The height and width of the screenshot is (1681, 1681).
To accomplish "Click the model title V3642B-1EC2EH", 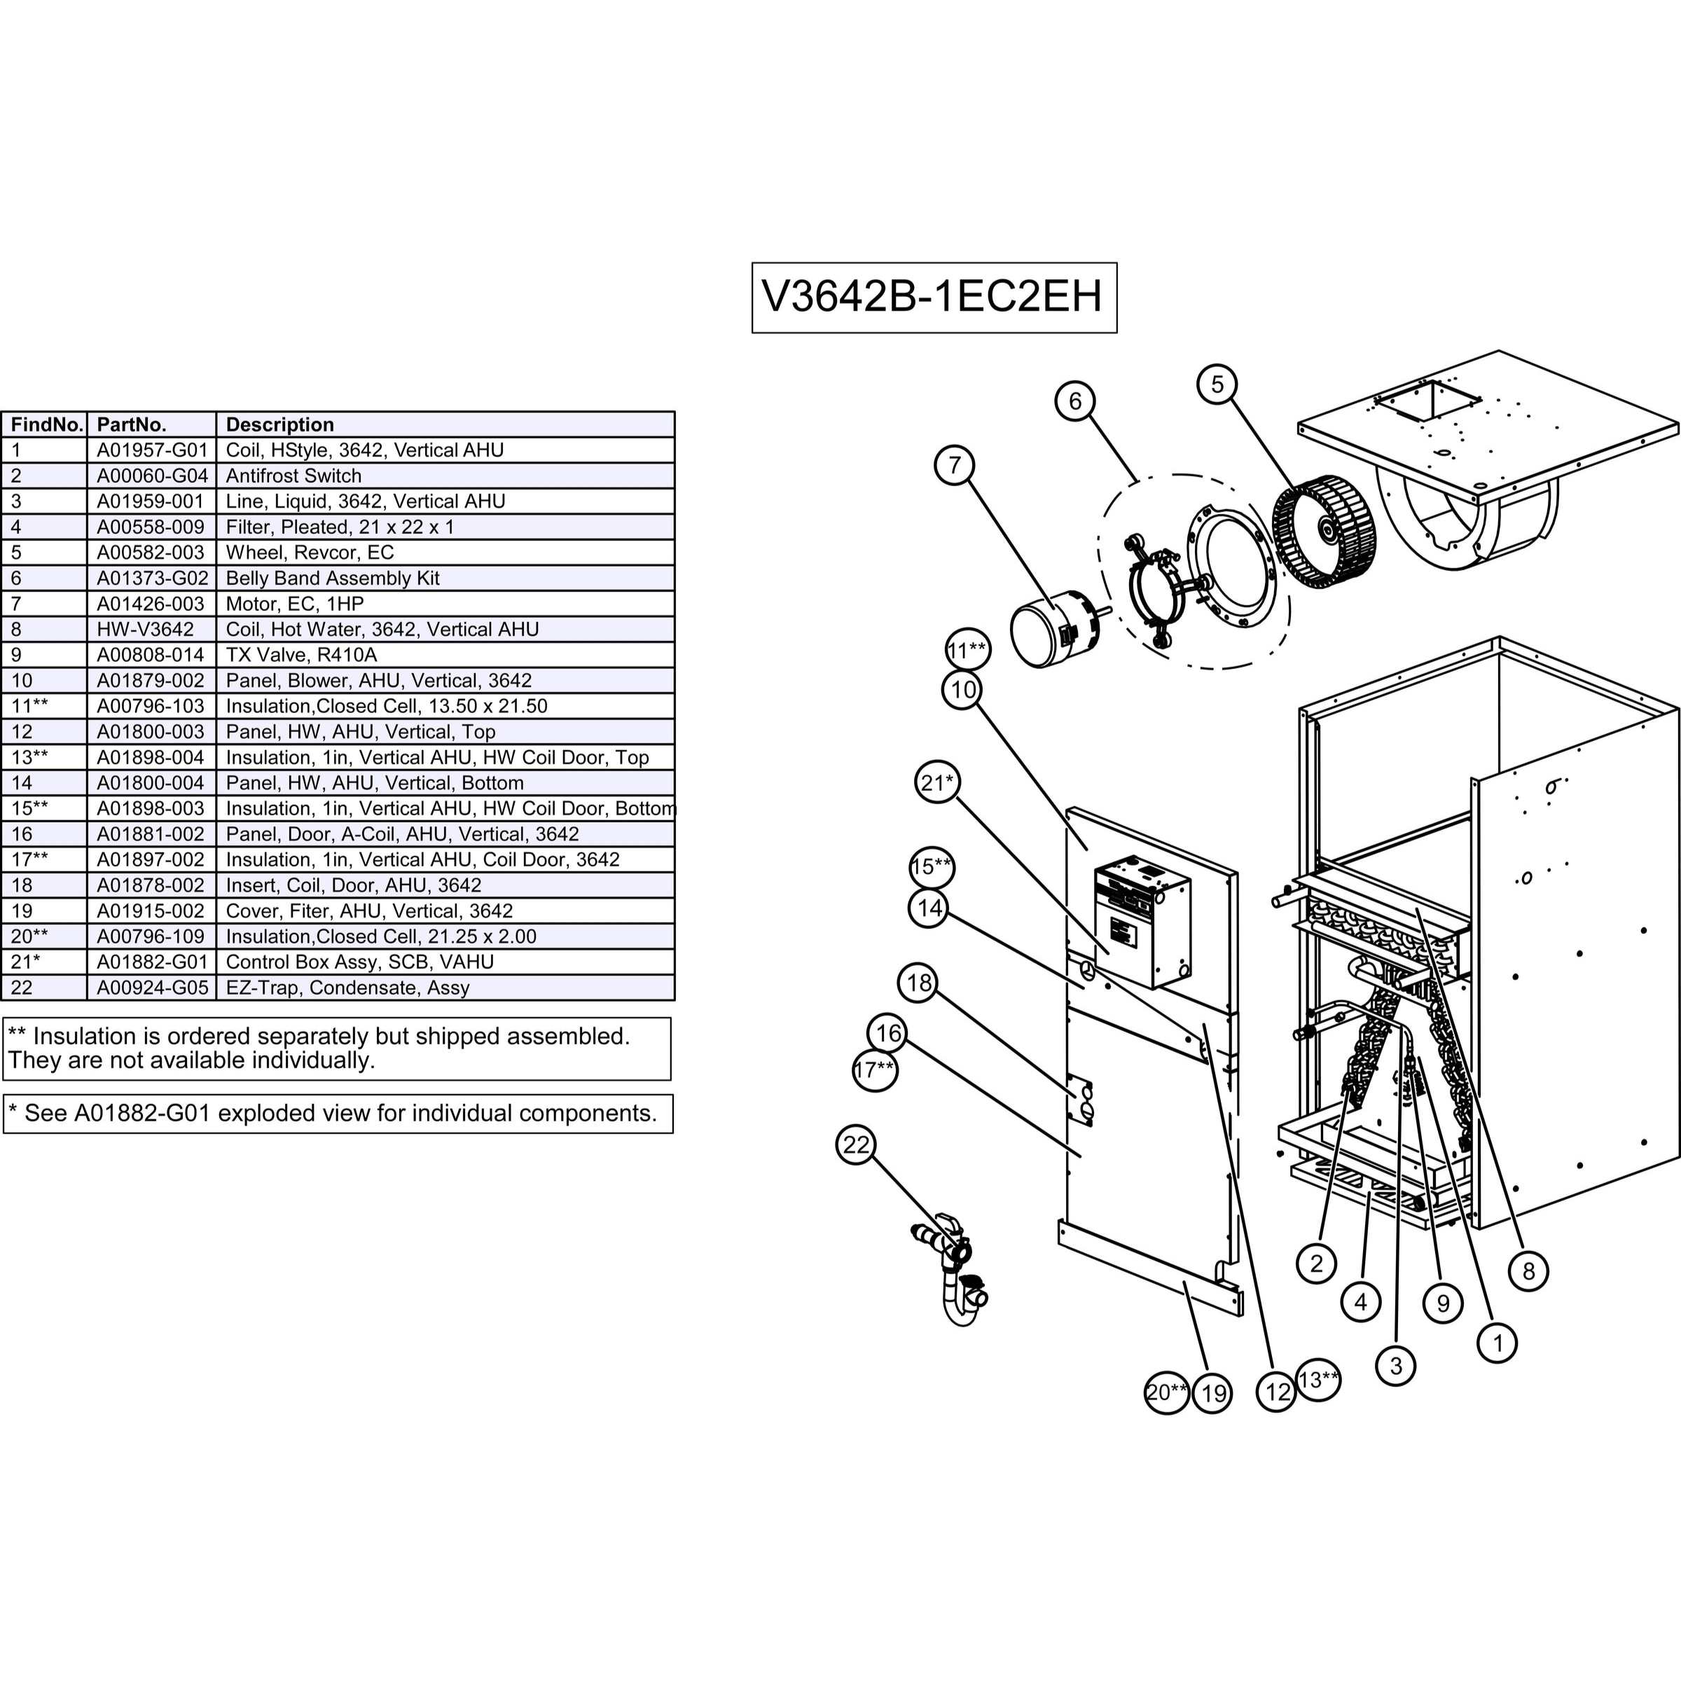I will [x=933, y=297].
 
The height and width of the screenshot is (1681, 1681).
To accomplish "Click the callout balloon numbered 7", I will [x=955, y=466].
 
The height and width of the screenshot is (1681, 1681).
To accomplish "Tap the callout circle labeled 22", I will [x=856, y=1144].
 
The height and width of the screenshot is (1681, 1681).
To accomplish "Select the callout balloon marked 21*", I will [x=937, y=783].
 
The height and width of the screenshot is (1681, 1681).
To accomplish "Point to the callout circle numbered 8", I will [x=1529, y=1271].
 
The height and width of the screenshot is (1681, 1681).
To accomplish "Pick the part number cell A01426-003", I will [x=151, y=604].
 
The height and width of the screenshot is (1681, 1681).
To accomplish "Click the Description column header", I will [x=279, y=424].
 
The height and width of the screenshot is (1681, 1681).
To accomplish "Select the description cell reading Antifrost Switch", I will [x=293, y=476].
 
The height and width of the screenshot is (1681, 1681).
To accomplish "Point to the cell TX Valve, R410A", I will [x=301, y=655].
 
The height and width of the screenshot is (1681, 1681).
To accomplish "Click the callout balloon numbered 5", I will [x=1217, y=384].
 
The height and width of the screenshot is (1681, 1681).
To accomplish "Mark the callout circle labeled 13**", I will [x=1317, y=1380].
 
